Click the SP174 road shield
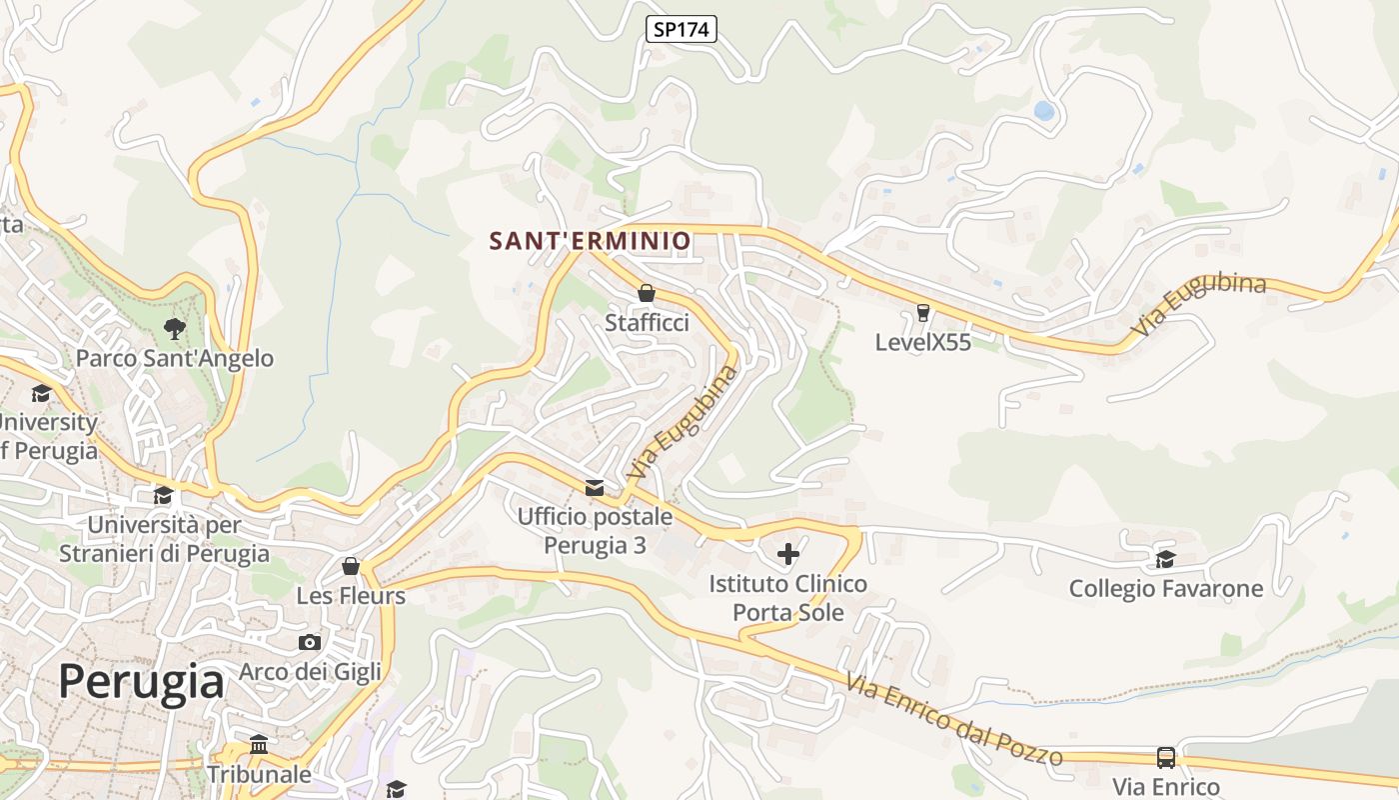(x=681, y=30)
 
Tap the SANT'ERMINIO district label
(x=590, y=241)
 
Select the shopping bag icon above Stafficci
(x=647, y=293)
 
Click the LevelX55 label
(x=922, y=342)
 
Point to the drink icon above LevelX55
(x=922, y=313)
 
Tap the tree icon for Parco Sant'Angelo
(x=174, y=328)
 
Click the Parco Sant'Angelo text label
(x=174, y=358)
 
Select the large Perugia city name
(x=141, y=682)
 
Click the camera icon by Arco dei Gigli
(x=310, y=642)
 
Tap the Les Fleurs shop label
(x=351, y=596)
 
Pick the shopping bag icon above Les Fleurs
(x=351, y=567)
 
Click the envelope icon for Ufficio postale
(x=595, y=487)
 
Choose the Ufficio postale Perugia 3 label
(x=595, y=531)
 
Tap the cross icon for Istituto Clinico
(x=788, y=553)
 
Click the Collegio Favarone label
(x=1165, y=589)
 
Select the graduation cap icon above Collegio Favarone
(x=1165, y=559)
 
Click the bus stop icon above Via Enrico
(x=1166, y=757)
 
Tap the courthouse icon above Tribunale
(x=259, y=745)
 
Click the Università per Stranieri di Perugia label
(x=164, y=539)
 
